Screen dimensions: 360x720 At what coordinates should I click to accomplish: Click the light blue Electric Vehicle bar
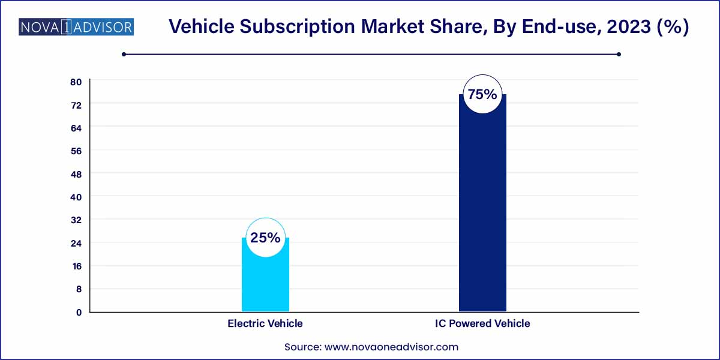tap(265, 282)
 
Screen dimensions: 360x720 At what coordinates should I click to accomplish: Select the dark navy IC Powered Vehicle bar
tap(482, 210)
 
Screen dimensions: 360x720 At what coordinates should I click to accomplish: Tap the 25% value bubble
tap(265, 238)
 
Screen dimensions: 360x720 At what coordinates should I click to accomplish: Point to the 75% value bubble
tap(482, 94)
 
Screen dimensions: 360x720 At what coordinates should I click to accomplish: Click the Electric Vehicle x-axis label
tap(265, 323)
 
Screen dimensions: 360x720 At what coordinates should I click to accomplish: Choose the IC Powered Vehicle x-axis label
tap(482, 323)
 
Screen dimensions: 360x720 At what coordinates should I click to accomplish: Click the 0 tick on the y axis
tap(78, 312)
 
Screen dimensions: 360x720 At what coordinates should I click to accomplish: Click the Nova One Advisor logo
tap(76, 27)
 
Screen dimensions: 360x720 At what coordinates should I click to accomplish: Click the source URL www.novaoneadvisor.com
tap(391, 347)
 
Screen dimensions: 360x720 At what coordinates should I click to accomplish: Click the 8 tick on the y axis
tap(78, 289)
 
